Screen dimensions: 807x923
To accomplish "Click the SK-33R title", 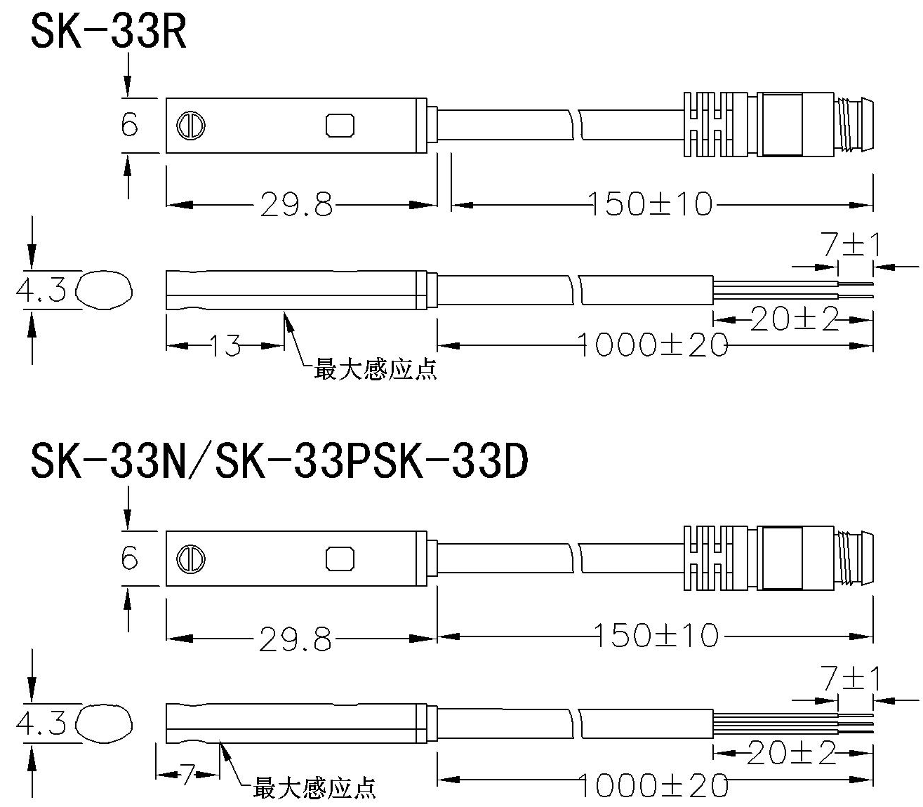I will (109, 32).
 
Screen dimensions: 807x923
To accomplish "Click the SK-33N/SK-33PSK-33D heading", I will (279, 463).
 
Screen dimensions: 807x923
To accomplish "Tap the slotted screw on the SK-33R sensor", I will (190, 126).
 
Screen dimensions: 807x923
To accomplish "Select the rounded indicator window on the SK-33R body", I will (340, 126).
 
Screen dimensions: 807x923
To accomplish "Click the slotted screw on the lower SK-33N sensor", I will (190, 559).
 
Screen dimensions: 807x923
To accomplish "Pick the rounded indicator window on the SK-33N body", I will (340, 559).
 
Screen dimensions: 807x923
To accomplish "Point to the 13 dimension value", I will (225, 346).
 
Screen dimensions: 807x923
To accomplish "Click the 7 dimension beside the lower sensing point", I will (187, 775).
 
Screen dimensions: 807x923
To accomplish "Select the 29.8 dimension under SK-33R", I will (296, 205).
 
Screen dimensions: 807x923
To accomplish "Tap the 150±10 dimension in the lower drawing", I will (658, 636).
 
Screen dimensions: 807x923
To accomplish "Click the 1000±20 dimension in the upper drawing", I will (653, 345).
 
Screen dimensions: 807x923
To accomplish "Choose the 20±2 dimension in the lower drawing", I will (792, 754).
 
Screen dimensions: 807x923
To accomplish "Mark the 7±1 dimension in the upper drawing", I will (850, 245).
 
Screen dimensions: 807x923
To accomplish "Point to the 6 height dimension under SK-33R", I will (129, 126).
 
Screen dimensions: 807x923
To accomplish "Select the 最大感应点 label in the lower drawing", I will (314, 788).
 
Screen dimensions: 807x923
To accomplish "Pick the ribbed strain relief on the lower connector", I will (709, 558).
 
